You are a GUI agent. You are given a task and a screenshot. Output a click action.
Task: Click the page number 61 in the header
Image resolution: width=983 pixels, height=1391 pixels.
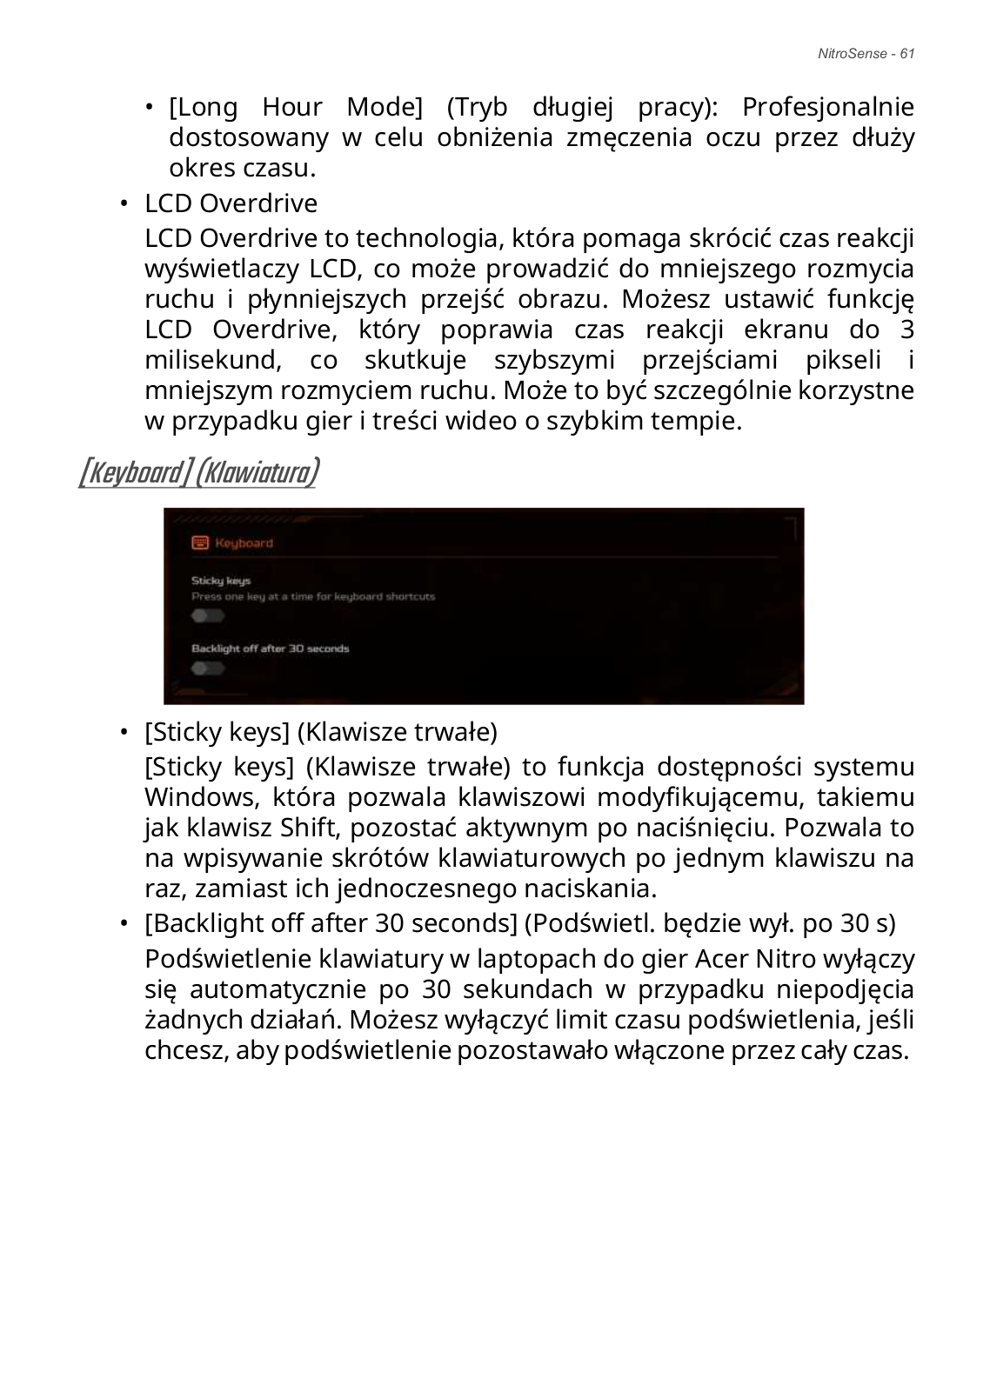906,54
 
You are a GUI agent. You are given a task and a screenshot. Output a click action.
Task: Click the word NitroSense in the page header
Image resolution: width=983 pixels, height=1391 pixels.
853,54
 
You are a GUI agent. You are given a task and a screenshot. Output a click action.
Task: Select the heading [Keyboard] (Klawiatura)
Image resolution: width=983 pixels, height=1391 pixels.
198,473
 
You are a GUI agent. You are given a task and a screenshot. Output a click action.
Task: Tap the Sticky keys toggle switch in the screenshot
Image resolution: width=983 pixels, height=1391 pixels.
208,616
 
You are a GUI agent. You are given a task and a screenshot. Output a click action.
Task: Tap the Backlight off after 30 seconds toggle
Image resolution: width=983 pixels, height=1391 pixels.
208,668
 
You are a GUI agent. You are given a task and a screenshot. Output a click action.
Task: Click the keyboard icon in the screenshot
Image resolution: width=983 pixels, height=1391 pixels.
200,542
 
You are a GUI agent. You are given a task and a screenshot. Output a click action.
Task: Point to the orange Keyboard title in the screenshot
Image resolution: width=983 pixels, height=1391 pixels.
244,543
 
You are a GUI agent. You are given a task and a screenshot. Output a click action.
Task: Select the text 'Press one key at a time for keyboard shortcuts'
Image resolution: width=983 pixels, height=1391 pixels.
313,596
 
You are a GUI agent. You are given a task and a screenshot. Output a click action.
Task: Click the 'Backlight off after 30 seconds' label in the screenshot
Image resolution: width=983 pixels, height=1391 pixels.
270,649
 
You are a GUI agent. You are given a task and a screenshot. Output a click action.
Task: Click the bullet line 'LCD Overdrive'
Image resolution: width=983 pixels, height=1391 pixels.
231,203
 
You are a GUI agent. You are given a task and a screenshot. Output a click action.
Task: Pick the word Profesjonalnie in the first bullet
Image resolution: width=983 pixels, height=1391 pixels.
827,108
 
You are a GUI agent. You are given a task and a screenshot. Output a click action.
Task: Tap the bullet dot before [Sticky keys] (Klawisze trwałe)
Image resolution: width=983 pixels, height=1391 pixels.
124,731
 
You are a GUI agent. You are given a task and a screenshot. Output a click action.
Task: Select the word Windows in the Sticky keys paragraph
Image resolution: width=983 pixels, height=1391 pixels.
196,797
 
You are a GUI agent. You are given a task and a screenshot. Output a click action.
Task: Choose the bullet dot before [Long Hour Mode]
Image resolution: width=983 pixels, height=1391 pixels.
150,108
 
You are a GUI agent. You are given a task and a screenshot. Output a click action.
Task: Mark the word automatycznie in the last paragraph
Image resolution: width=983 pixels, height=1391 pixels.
273,989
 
